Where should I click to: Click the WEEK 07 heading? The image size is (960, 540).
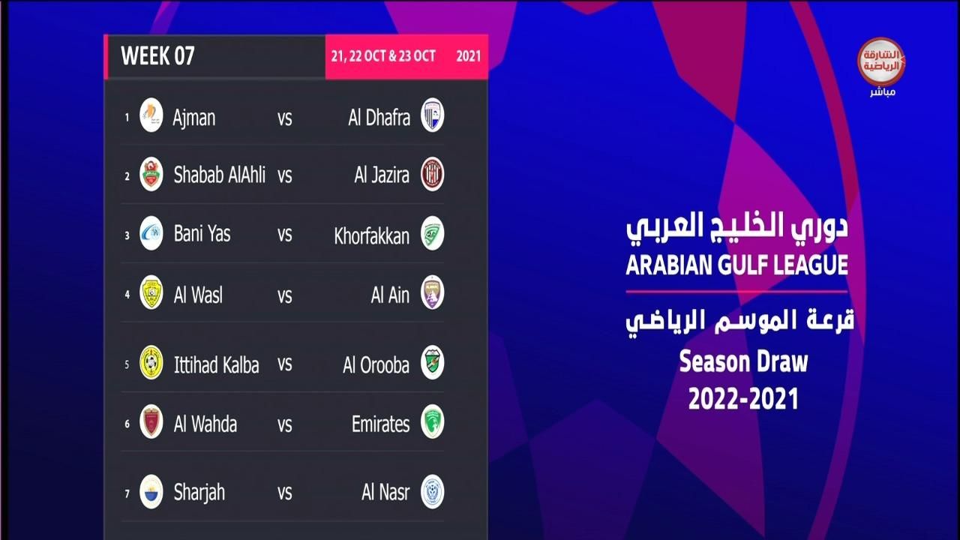point(157,55)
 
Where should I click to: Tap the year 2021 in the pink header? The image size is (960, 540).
point(469,56)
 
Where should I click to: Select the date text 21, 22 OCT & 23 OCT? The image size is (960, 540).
point(383,56)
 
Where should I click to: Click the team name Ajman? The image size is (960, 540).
point(193,118)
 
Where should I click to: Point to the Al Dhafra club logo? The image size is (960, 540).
point(432,115)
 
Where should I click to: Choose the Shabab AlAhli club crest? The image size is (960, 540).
point(151,174)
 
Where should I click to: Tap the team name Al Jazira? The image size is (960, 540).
point(382,175)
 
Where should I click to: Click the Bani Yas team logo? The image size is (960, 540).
point(151,233)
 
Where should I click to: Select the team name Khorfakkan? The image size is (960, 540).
point(371,236)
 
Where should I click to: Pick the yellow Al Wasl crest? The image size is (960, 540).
point(151,292)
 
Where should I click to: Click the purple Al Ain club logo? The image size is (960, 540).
point(432,292)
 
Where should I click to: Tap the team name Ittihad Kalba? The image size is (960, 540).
point(217,365)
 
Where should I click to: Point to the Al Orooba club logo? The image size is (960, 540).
point(432,362)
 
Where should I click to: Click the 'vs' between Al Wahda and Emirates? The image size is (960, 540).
point(284,424)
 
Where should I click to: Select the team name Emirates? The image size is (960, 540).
point(380,424)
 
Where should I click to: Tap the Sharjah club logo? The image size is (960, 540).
point(151,491)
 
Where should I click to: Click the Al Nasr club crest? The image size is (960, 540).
point(432,491)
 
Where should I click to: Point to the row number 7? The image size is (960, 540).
point(127,494)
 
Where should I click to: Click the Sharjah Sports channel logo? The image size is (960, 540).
point(881,62)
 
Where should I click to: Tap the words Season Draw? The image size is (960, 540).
point(743,362)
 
